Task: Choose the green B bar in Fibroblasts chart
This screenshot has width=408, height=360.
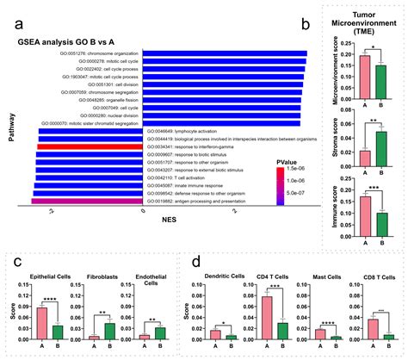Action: point(109,331)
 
